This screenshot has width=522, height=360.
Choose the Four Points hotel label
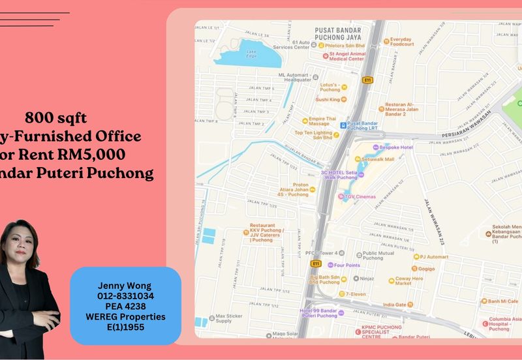point(346,265)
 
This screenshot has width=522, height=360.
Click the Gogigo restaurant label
point(427,268)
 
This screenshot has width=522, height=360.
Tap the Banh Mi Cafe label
point(502,301)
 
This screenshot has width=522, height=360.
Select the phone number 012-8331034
point(125,296)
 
